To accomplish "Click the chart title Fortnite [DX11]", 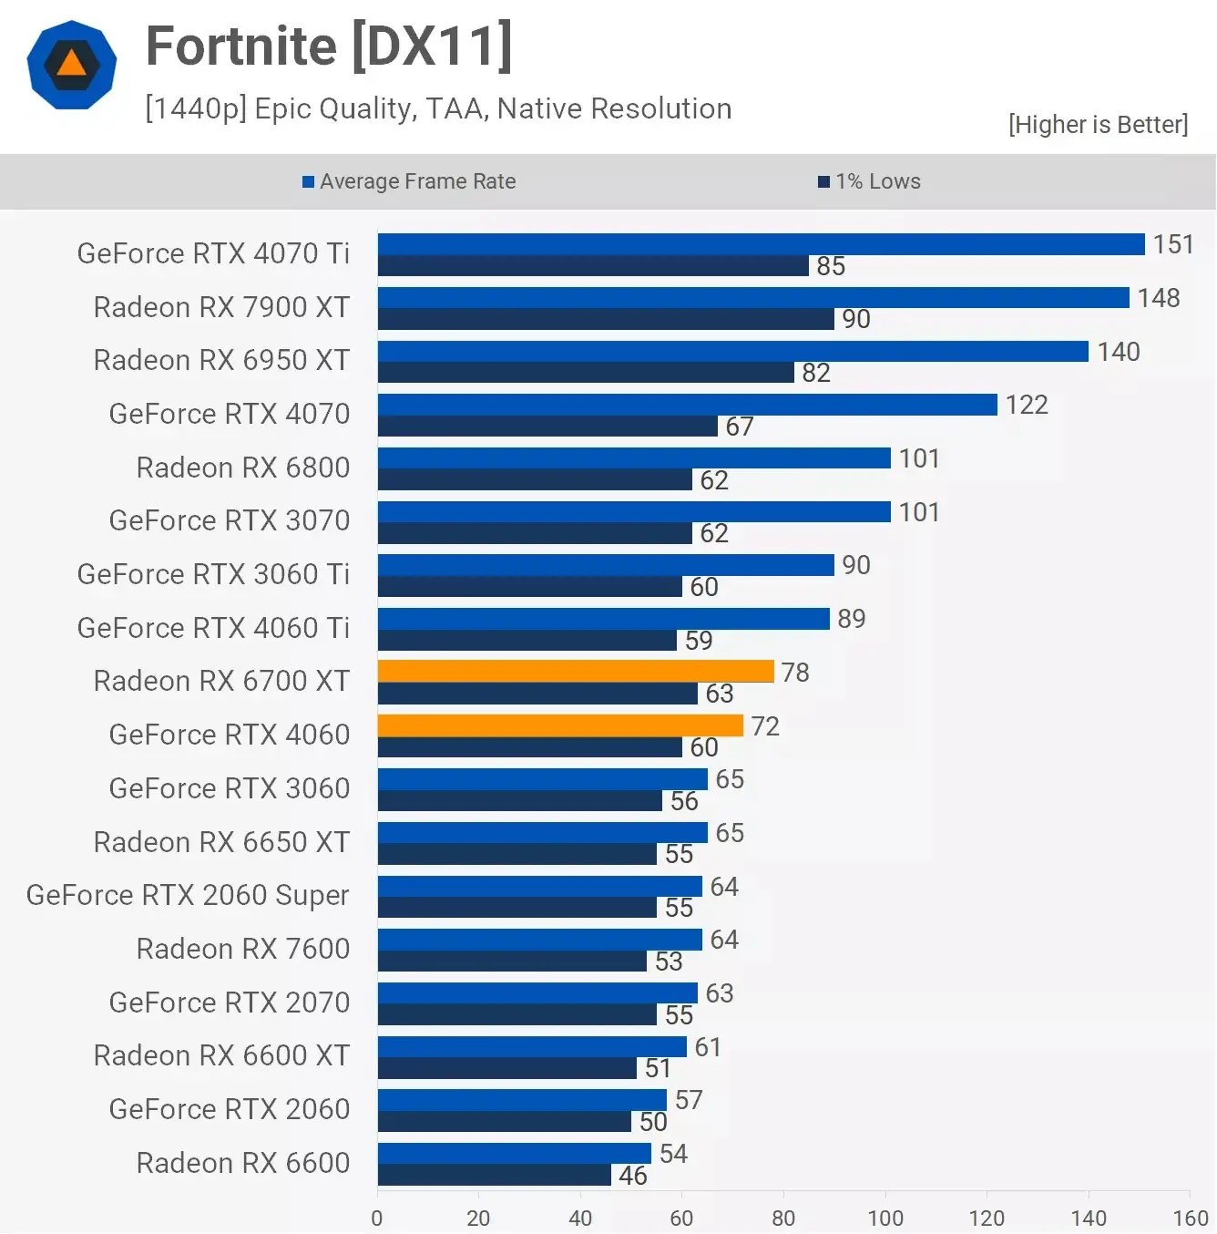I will click(x=329, y=46).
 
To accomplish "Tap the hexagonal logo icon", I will click(x=72, y=66).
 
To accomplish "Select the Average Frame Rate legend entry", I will click(x=409, y=181).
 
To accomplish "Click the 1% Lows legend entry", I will click(x=869, y=181).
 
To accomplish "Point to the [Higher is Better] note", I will click(x=1098, y=125).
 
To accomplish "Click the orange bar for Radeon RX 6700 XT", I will click(x=576, y=672).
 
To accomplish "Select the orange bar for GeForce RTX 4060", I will click(x=560, y=725).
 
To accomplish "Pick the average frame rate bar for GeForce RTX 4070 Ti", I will click(x=761, y=244).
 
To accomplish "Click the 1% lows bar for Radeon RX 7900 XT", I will click(x=606, y=319).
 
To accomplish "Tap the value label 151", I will click(x=1172, y=244).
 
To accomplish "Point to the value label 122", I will click(x=1027, y=405).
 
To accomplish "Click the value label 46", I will click(x=632, y=1176).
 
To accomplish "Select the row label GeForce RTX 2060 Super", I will click(x=188, y=895).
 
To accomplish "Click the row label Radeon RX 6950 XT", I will click(x=221, y=360).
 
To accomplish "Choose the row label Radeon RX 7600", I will click(x=242, y=949).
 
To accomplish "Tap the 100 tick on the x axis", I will click(x=885, y=1218).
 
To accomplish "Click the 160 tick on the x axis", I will click(x=1190, y=1218).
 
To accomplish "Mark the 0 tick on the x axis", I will click(x=377, y=1218).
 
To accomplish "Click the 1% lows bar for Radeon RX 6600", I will click(x=494, y=1176).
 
